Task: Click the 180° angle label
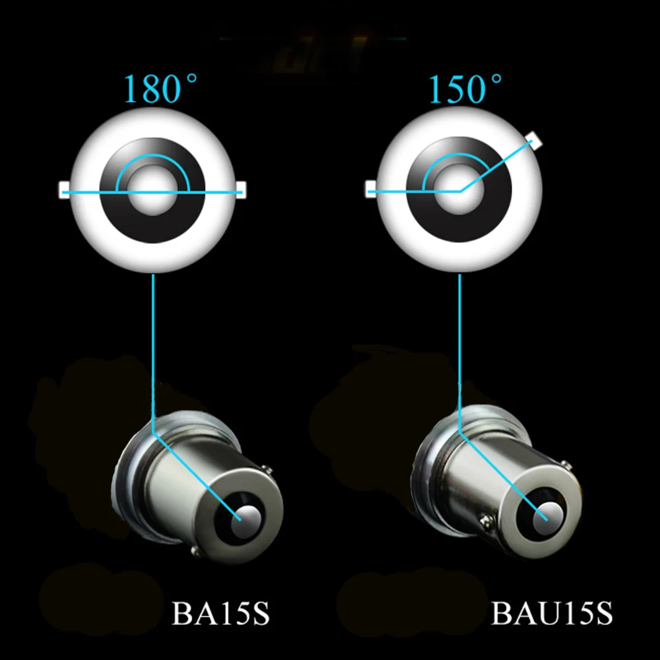(x=160, y=89)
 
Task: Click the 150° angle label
(x=465, y=89)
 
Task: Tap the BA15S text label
(x=220, y=613)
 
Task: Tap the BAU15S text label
(x=552, y=613)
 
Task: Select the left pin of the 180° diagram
(x=65, y=189)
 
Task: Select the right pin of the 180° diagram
(x=241, y=189)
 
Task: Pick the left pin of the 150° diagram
(x=371, y=189)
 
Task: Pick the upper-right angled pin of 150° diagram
(x=535, y=140)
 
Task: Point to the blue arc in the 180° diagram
(x=153, y=154)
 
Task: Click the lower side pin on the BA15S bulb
(x=194, y=550)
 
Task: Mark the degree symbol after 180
(x=191, y=79)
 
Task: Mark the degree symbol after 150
(x=496, y=79)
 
